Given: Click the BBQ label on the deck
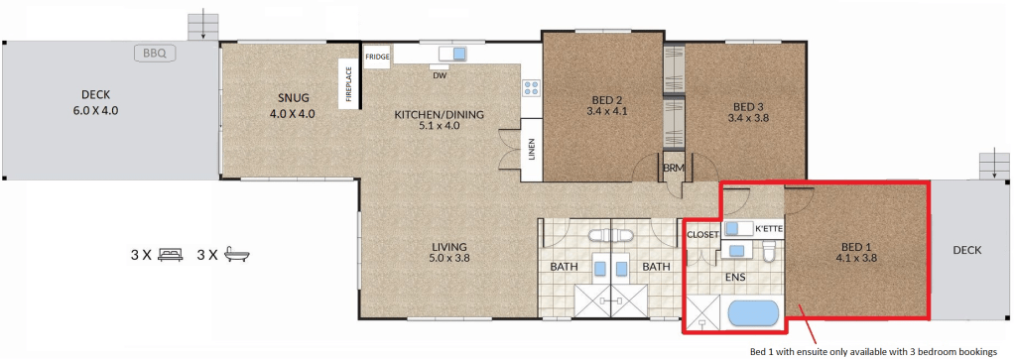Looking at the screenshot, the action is point(155,54).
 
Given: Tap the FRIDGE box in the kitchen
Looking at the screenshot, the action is point(377,57).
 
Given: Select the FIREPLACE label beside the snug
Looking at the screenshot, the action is point(348,83).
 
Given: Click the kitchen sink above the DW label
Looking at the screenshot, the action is point(452,55).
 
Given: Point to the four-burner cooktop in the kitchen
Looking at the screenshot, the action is point(532,88).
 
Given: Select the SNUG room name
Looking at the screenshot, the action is point(294,98).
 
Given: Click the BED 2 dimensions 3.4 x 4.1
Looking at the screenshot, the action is point(607,111).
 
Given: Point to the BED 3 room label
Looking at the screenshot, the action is point(748,106).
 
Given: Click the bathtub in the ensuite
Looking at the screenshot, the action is point(753,314).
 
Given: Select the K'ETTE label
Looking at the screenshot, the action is point(769,228).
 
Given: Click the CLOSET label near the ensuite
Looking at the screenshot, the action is point(702,234).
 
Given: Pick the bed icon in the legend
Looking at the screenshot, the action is point(171,254).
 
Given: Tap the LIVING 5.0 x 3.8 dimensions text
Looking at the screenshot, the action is point(451,258).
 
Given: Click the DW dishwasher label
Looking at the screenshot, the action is point(441,74).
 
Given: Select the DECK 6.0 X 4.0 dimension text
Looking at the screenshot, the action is point(96,111).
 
